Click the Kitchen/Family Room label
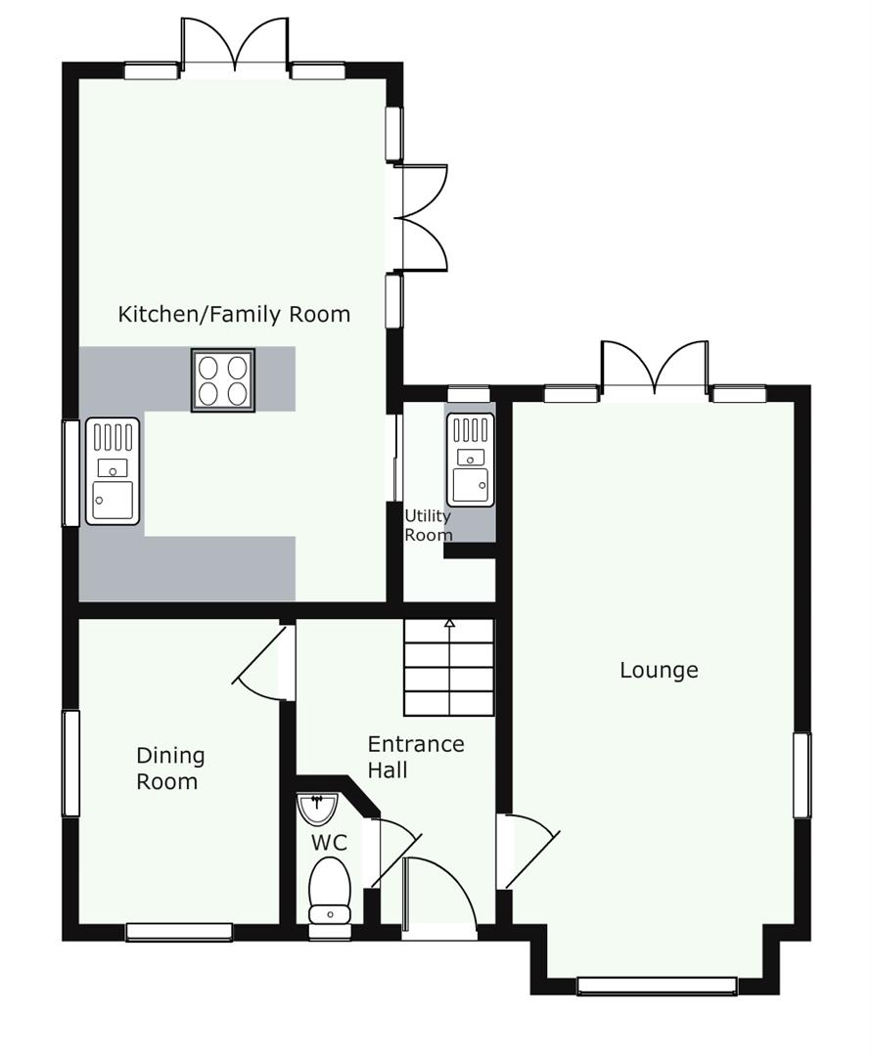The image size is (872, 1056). pos(234,315)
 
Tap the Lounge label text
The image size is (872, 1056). pos(659,671)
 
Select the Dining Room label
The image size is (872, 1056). pos(170,769)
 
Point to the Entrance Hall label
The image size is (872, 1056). pos(416,757)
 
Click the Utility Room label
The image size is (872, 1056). pos(428,525)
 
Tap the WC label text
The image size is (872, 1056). pos(330,843)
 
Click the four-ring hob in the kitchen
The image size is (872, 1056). pos(223,379)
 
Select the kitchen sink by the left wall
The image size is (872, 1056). pos(113,471)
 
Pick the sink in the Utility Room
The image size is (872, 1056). pos(471,459)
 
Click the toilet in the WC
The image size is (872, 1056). pos(330,890)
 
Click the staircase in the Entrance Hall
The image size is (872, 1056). pos(449,668)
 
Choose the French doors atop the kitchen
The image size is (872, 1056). pos(235,43)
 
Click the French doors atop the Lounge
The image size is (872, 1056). pos(655,367)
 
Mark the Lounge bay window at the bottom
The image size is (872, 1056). pos(657,986)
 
